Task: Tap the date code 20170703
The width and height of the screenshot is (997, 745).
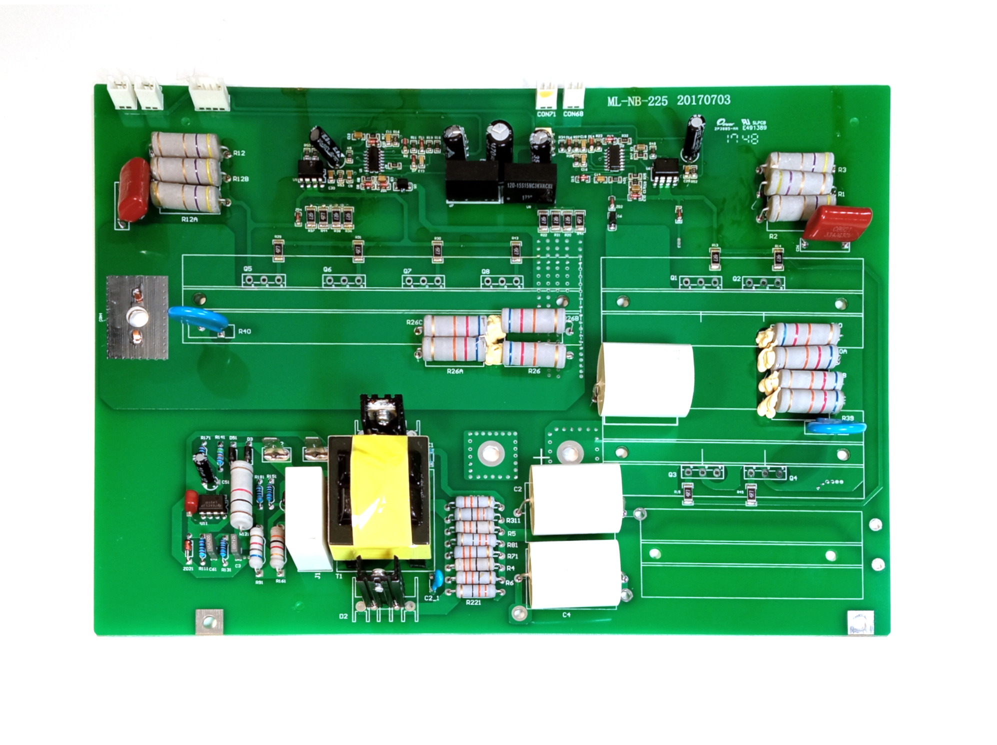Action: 703,100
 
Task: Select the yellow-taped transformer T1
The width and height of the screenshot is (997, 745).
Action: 378,497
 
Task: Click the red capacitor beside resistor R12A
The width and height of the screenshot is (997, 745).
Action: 133,189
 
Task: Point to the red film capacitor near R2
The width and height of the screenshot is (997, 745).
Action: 836,223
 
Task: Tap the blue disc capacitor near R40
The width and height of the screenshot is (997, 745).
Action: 198,318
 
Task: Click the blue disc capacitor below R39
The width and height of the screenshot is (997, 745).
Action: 836,428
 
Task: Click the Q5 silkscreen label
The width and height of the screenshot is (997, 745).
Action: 248,269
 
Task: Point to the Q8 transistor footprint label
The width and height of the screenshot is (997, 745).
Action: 485,271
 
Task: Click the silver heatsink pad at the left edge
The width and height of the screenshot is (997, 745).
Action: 137,317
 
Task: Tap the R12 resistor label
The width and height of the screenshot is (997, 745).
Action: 239,153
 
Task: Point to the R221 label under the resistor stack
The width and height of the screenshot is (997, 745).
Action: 473,602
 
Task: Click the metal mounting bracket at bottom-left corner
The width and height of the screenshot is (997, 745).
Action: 209,621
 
